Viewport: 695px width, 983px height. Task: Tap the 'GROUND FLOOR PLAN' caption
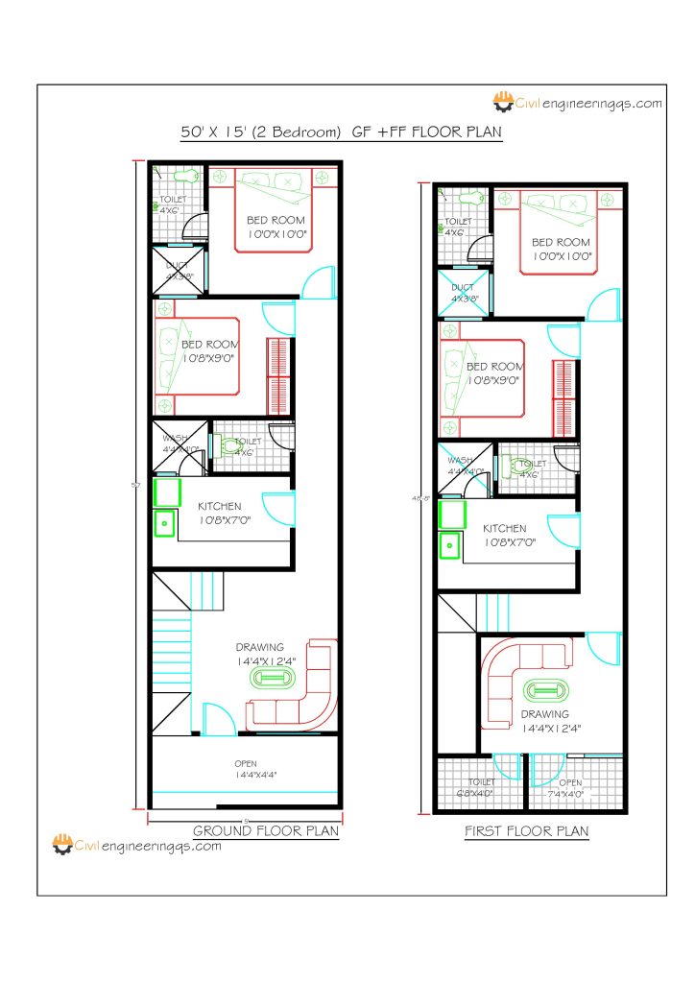(x=266, y=830)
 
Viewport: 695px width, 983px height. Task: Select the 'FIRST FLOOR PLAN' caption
(x=526, y=830)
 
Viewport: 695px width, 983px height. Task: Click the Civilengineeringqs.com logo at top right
(x=577, y=102)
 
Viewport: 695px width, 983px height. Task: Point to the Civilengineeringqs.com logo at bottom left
(x=136, y=846)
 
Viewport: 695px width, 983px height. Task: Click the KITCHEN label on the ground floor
(x=220, y=507)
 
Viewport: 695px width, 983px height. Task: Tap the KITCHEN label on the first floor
(x=504, y=529)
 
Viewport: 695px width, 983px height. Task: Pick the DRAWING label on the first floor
(x=544, y=714)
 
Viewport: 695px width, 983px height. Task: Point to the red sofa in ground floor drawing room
(x=299, y=696)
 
